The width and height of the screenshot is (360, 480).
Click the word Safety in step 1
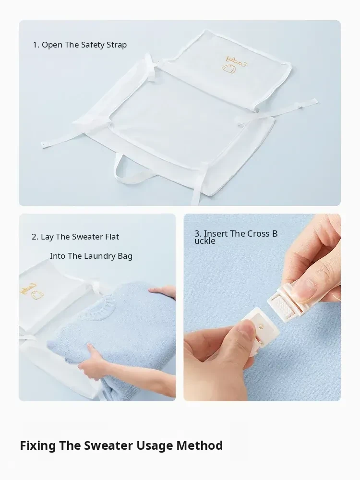[93, 45]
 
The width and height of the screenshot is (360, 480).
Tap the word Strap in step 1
[117, 45]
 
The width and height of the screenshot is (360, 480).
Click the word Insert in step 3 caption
[216, 234]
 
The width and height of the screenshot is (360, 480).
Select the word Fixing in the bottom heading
[37, 446]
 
